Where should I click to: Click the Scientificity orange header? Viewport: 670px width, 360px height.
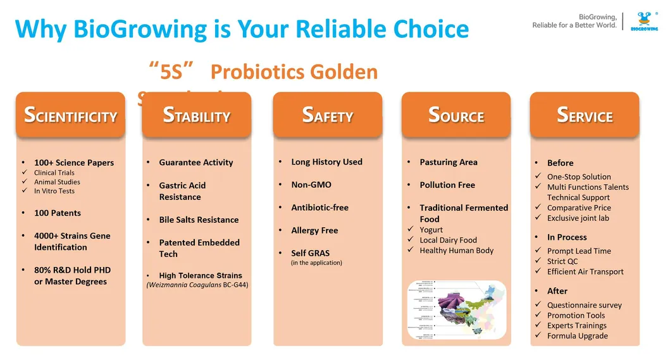click(70, 116)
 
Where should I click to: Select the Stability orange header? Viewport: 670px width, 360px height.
click(197, 116)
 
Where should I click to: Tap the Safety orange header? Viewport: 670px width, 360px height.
click(327, 116)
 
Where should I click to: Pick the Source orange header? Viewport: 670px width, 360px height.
click(456, 116)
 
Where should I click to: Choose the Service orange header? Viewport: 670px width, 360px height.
click(585, 116)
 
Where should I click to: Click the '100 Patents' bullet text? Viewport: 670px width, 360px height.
click(58, 213)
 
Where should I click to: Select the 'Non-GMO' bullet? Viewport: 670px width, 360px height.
click(311, 185)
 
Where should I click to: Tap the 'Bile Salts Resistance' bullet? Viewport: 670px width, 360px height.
click(199, 220)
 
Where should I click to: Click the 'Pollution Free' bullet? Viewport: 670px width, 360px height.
click(447, 185)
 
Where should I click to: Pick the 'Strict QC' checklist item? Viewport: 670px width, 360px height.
click(562, 261)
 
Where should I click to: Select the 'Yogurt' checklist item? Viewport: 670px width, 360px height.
click(431, 230)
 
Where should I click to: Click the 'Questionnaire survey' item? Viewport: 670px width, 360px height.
click(584, 305)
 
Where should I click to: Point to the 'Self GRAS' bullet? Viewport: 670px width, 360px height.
click(310, 253)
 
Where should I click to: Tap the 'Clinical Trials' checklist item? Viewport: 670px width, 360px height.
click(54, 173)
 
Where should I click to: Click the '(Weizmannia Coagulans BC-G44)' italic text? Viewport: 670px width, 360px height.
click(197, 285)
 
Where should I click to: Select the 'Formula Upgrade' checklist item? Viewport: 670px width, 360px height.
click(577, 336)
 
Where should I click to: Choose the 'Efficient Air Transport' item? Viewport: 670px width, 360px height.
click(585, 272)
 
